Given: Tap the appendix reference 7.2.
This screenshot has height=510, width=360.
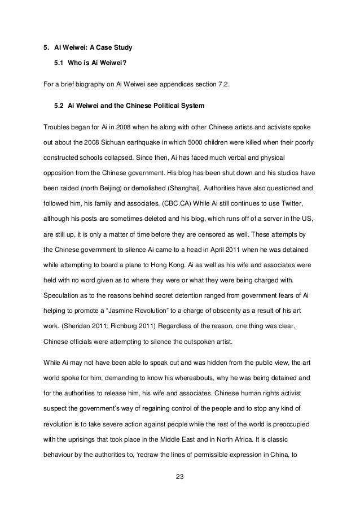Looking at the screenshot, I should (x=223, y=85).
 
